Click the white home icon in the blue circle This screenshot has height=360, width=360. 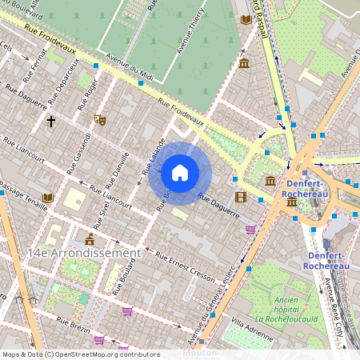(180, 172)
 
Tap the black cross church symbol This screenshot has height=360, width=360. (51, 122)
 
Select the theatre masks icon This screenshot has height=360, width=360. (100, 120)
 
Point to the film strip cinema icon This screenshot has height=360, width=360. (241, 197)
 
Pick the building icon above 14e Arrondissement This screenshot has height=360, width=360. (89, 239)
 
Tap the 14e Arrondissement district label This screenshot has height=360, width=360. (84, 253)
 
